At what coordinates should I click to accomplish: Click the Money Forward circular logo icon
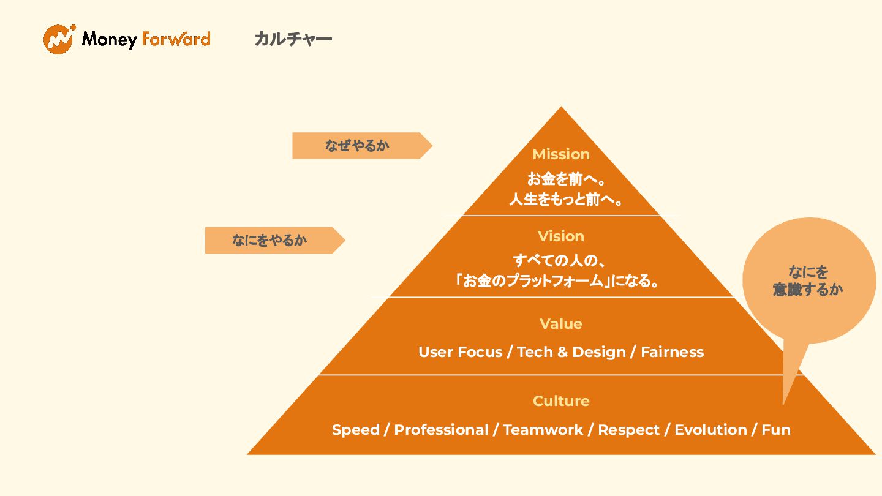[59, 39]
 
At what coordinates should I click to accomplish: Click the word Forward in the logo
[176, 39]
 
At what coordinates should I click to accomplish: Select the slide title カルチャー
[293, 39]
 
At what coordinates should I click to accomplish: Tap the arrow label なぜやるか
[357, 146]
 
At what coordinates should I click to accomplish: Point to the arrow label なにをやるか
[269, 240]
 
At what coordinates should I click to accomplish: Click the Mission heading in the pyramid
[561, 154]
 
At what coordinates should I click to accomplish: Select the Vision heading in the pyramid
[561, 236]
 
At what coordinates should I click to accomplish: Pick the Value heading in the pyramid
[561, 324]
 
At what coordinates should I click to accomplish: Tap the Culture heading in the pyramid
[561, 401]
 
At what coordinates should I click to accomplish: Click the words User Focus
[460, 352]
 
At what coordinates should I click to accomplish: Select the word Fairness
[672, 352]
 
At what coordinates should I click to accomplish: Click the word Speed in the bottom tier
[355, 430]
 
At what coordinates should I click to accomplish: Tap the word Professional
[441, 430]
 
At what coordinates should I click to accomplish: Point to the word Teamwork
[543, 430]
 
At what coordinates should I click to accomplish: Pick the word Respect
[629, 430]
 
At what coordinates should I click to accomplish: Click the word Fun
[776, 430]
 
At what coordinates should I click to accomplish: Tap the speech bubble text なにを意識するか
[808, 281]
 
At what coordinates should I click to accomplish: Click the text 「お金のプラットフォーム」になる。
[557, 282]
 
